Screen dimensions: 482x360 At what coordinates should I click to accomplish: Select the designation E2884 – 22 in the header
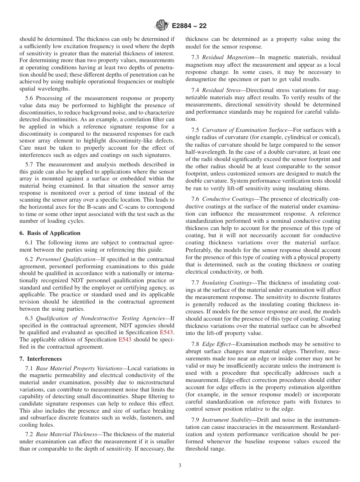point(189,26)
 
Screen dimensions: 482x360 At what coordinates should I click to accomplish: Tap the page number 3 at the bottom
point(180,465)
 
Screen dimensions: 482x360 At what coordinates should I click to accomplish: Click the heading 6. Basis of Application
point(50,233)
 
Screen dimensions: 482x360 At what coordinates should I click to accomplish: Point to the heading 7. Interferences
point(40,359)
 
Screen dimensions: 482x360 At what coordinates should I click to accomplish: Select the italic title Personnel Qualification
point(65,259)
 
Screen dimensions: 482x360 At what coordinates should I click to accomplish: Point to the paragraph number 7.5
point(196,130)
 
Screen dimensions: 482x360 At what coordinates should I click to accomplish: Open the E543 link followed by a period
point(167,332)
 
